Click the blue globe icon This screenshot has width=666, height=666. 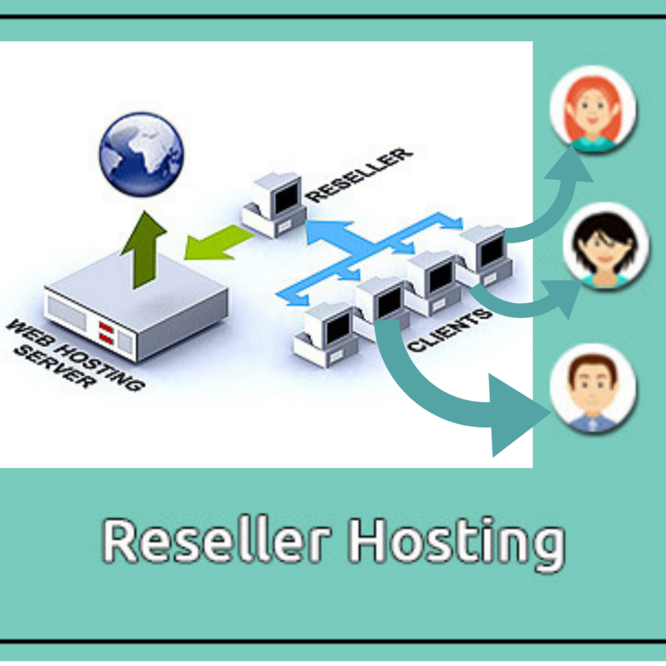[x=141, y=154]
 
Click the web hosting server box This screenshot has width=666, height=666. [x=137, y=306]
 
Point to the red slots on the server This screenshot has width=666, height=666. [x=106, y=332]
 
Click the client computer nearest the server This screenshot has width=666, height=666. [x=325, y=332]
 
